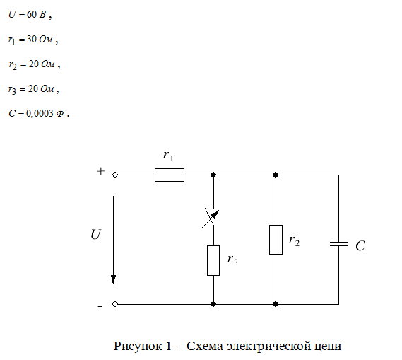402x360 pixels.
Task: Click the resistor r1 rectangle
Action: pos(170,175)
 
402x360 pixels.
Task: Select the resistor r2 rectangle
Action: pos(276,240)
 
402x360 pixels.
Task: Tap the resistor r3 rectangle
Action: pos(213,260)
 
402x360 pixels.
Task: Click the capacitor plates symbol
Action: pos(338,244)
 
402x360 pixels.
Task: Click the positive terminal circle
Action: pos(115,175)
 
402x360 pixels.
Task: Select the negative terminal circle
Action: pos(115,304)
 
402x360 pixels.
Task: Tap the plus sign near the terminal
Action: pos(101,171)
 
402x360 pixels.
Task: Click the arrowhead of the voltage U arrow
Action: pos(113,279)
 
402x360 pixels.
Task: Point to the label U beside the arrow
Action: pos(95,234)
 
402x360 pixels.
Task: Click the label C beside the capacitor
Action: pos(360,245)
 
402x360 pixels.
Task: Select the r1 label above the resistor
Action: pos(168,156)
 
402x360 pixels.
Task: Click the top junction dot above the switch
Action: pos(213,175)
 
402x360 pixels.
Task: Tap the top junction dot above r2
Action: pos(276,175)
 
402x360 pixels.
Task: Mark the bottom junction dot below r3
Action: pos(213,304)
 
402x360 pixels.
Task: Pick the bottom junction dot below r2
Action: pos(276,304)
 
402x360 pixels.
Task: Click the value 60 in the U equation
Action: pos(32,14)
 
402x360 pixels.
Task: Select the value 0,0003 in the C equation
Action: pos(40,113)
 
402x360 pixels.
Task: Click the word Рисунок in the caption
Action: pos(138,346)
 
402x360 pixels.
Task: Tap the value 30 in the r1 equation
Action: pos(32,39)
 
